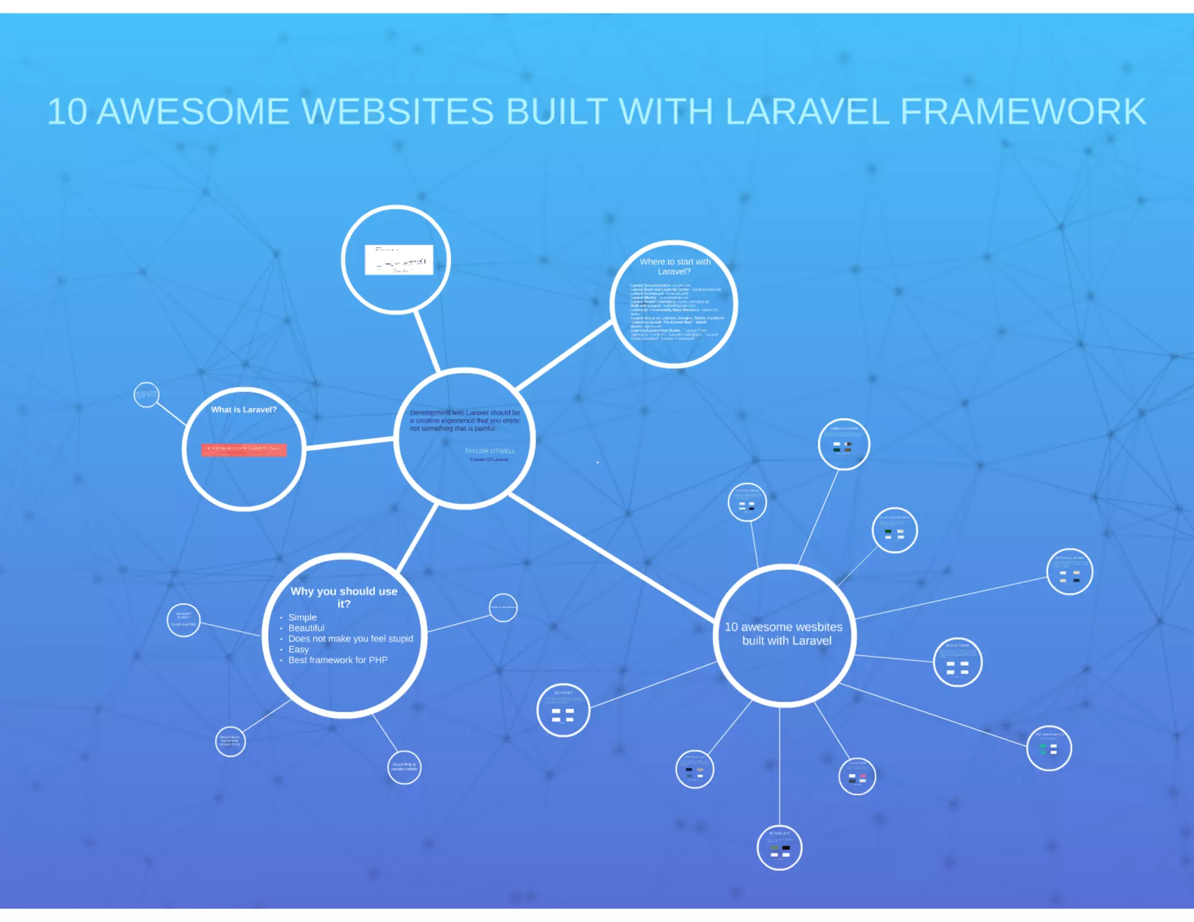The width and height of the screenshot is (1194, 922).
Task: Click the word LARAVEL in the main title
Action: [x=807, y=111]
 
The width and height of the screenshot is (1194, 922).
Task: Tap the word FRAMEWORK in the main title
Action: [x=1023, y=111]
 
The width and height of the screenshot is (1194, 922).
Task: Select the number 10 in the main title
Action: [x=67, y=111]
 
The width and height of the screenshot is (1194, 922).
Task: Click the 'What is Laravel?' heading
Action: [x=244, y=410]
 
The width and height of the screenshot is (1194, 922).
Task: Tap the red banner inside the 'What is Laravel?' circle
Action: [x=244, y=450]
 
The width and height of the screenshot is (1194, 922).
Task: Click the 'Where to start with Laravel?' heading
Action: [x=675, y=266]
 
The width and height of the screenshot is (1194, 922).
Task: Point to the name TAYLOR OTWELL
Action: [x=490, y=451]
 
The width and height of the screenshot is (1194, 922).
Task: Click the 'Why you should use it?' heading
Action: [x=344, y=597]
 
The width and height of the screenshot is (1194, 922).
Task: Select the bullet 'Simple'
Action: [x=303, y=617]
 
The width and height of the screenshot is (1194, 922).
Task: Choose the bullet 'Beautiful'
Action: [x=306, y=628]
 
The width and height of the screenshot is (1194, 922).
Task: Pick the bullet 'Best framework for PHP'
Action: [x=338, y=660]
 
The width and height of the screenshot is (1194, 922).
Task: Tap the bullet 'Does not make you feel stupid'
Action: [x=350, y=639]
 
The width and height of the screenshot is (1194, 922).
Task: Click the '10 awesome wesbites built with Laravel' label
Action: [x=784, y=634]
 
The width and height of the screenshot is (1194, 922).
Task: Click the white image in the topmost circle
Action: [x=399, y=259]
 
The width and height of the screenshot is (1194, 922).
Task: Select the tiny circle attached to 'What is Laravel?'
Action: [x=146, y=395]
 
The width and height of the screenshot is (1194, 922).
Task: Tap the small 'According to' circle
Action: [x=404, y=767]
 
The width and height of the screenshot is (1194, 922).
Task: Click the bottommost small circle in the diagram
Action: [x=779, y=848]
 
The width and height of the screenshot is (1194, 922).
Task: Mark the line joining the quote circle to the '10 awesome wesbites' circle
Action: [x=612, y=556]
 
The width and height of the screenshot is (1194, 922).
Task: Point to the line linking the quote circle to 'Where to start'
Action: [x=563, y=357]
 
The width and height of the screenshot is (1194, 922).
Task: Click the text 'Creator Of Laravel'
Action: [x=489, y=460]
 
